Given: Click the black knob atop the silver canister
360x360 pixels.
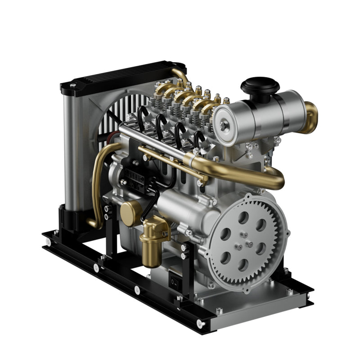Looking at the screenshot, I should (x=260, y=85).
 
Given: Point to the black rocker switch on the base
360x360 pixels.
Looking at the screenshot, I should (x=174, y=281).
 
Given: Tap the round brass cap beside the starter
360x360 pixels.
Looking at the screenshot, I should (x=130, y=212).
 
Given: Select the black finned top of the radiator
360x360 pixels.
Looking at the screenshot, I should (x=121, y=76).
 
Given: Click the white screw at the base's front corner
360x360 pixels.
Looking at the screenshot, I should (x=201, y=323).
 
